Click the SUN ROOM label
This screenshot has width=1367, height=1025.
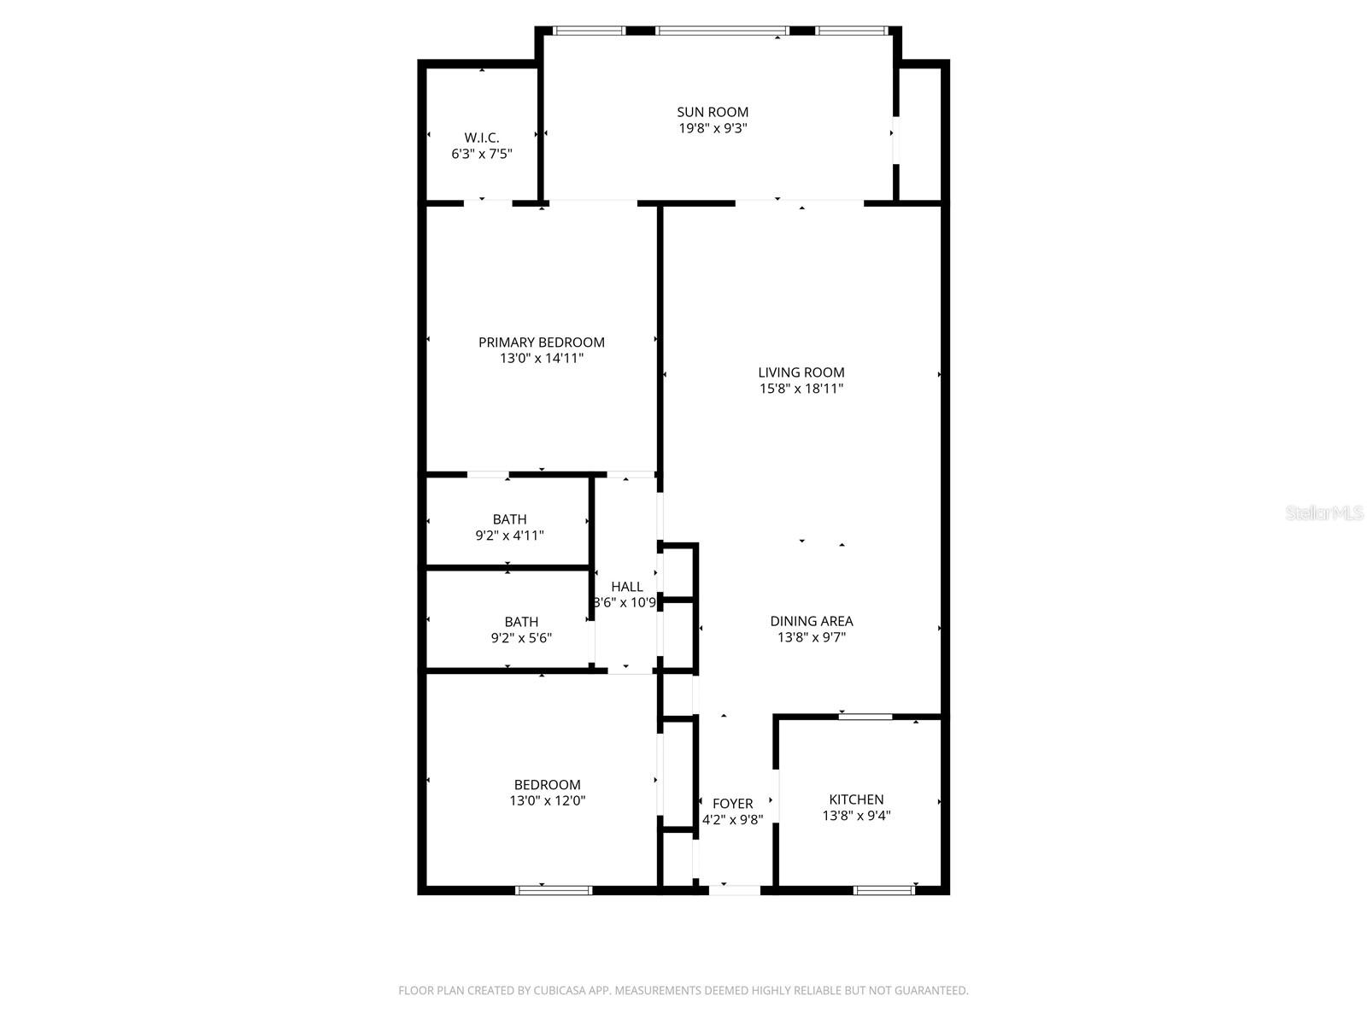pos(713,112)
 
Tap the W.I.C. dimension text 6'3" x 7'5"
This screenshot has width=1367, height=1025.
pos(482,154)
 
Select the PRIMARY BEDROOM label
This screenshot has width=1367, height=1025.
pos(542,343)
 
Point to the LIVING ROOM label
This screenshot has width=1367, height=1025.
pos(801,372)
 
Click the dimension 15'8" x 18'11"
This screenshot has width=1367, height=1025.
pos(801,389)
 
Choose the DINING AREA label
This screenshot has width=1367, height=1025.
pos(812,621)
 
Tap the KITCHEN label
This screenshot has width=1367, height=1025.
pos(856,799)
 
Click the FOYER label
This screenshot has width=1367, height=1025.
pos(733,804)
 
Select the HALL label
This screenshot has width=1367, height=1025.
pos(627,587)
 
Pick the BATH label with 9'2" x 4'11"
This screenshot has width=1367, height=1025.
pos(509,519)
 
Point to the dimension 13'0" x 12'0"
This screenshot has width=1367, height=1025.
pos(547,801)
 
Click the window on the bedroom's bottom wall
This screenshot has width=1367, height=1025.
pos(554,890)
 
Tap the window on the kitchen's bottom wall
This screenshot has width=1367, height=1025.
pos(884,890)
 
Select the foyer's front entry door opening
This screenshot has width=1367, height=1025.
pos(735,890)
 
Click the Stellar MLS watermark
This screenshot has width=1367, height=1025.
pos(1324,513)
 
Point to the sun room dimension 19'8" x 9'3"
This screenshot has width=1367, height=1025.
pos(713,128)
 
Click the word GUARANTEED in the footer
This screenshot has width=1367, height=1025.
pos(928,991)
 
